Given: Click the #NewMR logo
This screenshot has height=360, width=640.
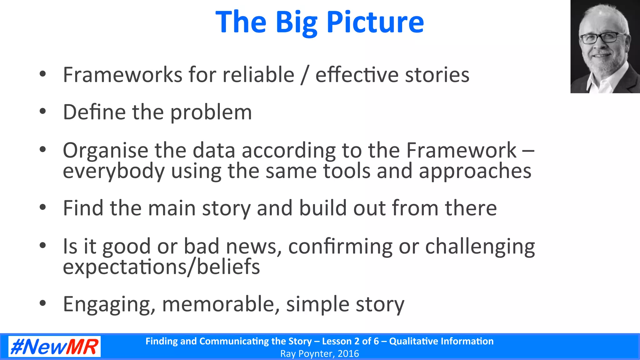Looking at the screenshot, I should [x=54, y=347].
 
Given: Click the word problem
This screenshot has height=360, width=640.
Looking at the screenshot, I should [x=211, y=112].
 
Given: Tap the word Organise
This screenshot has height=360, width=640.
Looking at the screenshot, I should [x=105, y=151].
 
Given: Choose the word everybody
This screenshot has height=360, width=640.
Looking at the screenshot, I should [x=113, y=171].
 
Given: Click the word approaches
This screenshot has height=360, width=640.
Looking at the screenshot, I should [x=475, y=171].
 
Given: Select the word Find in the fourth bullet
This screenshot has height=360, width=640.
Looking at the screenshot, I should [x=83, y=208].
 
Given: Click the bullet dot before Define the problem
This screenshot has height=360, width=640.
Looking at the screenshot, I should [x=43, y=112].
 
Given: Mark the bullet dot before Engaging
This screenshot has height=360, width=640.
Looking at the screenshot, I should [x=43, y=303].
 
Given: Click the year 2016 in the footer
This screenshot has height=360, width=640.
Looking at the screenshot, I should [x=348, y=354].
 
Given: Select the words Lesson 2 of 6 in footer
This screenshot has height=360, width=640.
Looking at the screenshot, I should [x=350, y=341].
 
